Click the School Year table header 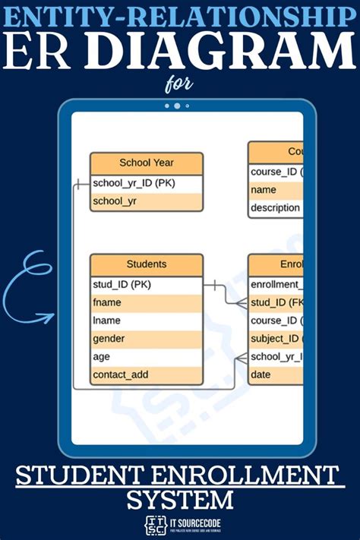pos(147,163)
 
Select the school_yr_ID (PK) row pos(147,184)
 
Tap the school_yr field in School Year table pos(147,202)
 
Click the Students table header pos(147,264)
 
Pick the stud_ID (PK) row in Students pos(147,285)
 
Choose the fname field pos(147,302)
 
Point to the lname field pos(147,321)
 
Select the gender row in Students pos(147,339)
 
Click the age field pos(147,356)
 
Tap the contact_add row pos(147,374)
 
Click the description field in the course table pos(276,208)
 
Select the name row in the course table pos(276,190)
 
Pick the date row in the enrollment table pos(276,374)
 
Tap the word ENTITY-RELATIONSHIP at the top pos(180,14)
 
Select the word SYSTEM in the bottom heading pos(180,500)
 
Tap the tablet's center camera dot pos(177,106)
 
